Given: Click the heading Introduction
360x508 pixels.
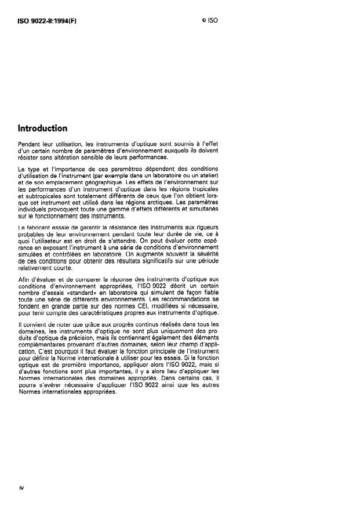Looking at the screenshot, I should pyautogui.click(x=42, y=128).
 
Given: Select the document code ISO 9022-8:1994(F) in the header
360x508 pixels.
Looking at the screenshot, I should pyautogui.click(x=47, y=20).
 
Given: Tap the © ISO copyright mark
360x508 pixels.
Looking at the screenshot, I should pyautogui.click(x=209, y=20).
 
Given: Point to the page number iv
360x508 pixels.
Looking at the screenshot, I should pyautogui.click(x=21, y=487).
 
